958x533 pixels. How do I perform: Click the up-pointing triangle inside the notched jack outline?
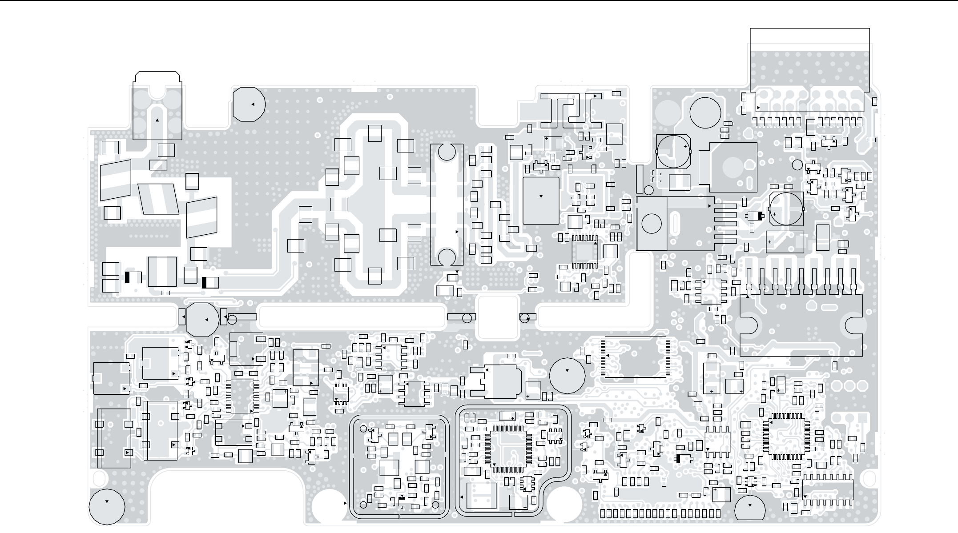pos(157,120)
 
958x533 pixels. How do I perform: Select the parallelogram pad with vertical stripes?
pos(158,199)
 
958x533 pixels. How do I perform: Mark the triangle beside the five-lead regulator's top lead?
pos(709,206)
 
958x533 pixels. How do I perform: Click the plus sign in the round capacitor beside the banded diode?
pos(774,214)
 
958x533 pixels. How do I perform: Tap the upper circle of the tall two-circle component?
pos(447,152)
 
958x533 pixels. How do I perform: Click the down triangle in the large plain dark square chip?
pos(541,196)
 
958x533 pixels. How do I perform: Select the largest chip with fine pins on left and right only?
pos(636,357)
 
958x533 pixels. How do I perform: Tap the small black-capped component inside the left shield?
pos(402,501)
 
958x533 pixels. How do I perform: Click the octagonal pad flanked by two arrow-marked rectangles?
pos(202,319)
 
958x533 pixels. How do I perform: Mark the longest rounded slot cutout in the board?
pos(351,318)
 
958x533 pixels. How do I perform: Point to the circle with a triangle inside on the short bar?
pos(525,317)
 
